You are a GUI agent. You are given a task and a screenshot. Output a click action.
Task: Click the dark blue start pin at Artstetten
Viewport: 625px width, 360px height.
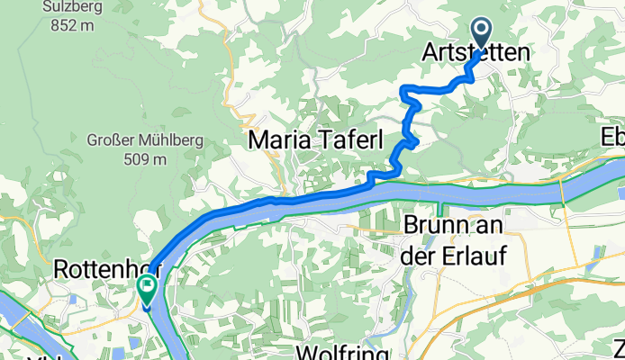coord(480,33)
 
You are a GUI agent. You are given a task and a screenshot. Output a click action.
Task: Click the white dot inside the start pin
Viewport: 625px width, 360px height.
coord(480,31)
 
